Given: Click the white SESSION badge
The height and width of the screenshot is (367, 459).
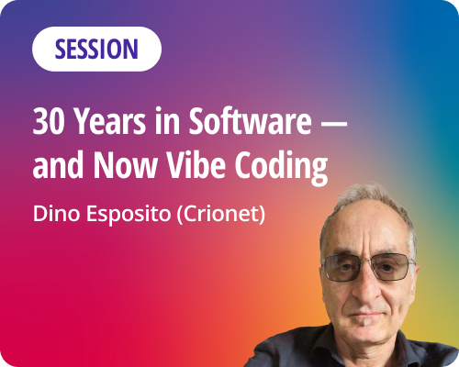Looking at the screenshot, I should click(96, 50).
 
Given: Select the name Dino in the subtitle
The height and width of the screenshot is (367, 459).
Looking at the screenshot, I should click(52, 216).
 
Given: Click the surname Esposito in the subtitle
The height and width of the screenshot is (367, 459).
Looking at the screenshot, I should click(121, 217).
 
